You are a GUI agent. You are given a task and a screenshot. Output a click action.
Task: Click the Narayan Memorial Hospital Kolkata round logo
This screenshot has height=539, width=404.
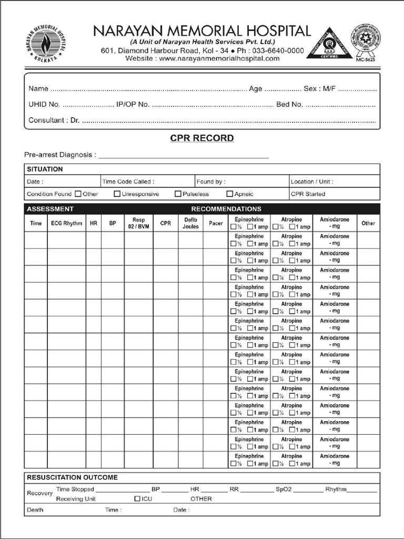pos(45,44)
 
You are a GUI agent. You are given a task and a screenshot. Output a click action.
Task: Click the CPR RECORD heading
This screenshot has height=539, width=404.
pos(202,138)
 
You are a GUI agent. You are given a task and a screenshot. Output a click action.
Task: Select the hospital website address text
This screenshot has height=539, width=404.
pos(202,58)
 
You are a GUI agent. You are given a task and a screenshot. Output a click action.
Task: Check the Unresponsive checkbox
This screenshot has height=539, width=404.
pos(117,194)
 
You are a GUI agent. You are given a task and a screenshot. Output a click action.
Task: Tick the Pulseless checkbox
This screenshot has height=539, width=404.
pos(178,194)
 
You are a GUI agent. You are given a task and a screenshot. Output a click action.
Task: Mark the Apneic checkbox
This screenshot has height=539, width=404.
pos(229,194)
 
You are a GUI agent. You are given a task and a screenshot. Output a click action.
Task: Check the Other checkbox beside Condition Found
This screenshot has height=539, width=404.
pos(78,194)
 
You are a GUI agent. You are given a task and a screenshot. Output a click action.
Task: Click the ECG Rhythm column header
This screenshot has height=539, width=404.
pos(66,223)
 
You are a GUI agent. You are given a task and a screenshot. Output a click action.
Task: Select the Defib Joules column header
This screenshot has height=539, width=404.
pos(190,223)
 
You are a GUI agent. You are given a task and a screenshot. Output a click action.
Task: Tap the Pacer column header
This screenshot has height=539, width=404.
pos(216,223)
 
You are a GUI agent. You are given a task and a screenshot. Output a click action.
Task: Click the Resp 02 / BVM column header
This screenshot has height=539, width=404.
pos(138,223)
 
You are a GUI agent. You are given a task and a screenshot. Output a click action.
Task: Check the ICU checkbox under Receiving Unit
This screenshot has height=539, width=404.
pos(137,498)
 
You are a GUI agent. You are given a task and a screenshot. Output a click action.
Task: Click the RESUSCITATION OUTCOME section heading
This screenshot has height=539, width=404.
pos(73,477)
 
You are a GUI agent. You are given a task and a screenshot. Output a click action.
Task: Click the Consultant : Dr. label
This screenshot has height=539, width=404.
pos(54,121)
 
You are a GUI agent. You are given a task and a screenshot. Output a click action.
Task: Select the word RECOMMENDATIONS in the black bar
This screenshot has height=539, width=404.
pos(226,209)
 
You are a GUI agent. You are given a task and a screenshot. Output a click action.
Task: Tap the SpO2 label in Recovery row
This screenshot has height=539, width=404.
pos(283,490)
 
